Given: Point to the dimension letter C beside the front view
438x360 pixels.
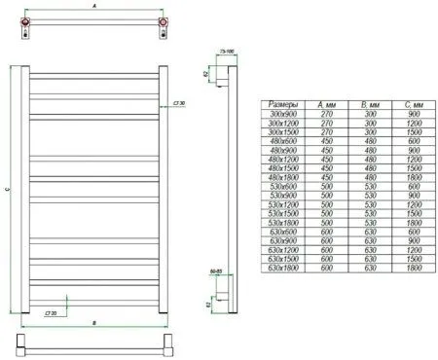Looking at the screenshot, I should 7,191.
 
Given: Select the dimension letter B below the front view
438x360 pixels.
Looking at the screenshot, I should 93,320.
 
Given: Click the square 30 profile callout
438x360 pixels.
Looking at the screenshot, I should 178,100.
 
